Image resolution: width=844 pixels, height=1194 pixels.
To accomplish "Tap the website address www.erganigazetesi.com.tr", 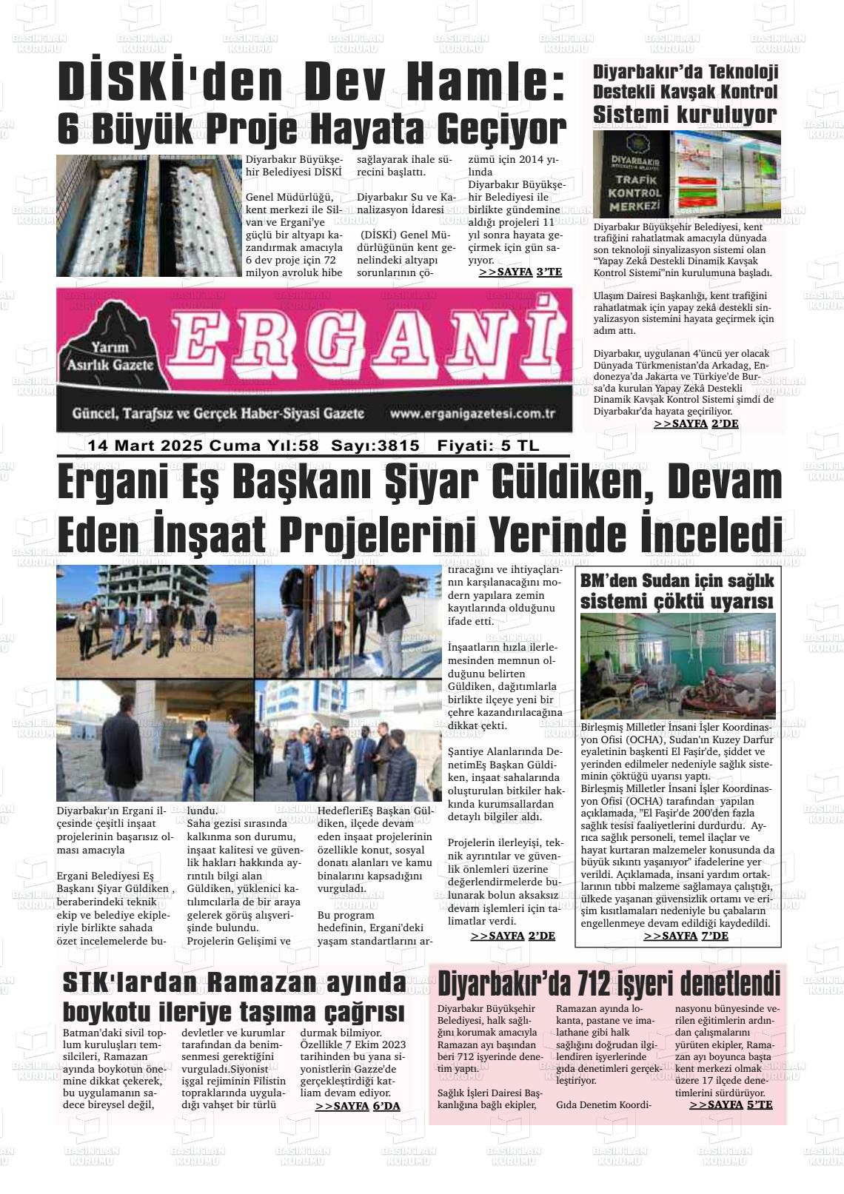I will [472, 414].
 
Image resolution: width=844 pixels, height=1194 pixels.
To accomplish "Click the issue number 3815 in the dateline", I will [398, 446].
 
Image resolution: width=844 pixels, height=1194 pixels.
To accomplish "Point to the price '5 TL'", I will [519, 446].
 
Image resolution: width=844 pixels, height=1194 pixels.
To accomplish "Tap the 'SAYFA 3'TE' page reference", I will [520, 272].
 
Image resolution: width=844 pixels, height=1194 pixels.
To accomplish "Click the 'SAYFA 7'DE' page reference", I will [686, 936].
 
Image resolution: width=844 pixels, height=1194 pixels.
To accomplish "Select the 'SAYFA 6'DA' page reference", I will [358, 1106].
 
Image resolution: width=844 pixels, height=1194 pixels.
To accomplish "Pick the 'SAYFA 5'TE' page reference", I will [731, 1104].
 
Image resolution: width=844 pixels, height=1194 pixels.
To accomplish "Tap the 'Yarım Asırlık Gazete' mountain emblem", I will [110, 352].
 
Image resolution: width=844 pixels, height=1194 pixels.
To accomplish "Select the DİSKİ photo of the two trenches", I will [148, 215].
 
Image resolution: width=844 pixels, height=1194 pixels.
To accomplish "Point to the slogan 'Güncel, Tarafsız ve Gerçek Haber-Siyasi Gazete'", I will [218, 413].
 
